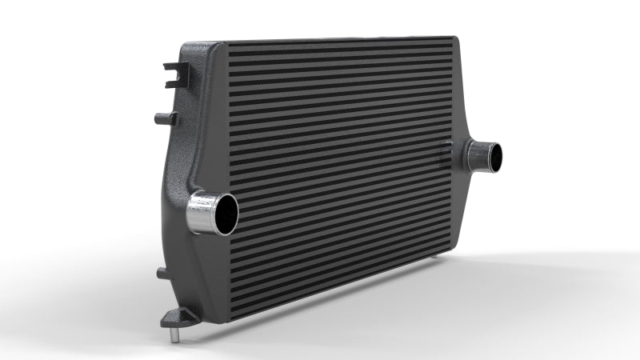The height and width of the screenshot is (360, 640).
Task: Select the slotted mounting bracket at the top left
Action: (173, 74)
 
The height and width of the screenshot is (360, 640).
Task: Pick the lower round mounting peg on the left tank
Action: (162, 273)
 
